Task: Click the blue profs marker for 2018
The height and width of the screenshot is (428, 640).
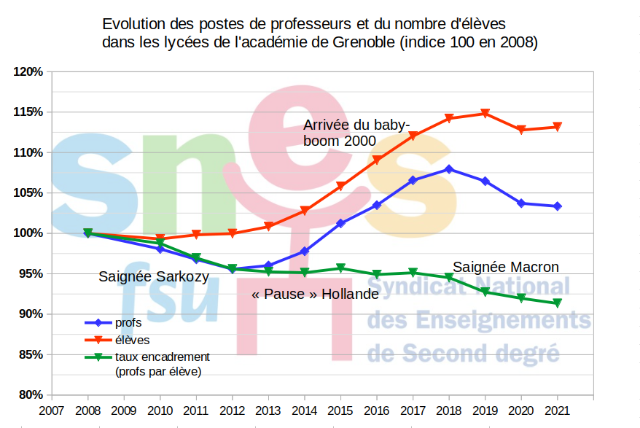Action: point(449,169)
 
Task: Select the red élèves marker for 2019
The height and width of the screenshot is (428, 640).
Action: point(485,114)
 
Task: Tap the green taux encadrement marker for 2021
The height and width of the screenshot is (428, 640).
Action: point(557,303)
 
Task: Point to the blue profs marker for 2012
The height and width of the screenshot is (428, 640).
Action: point(233,269)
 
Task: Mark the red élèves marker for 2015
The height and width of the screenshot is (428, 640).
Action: point(340,187)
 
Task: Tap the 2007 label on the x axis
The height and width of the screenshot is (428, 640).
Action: point(52,410)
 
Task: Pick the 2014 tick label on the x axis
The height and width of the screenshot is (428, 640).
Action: point(304,410)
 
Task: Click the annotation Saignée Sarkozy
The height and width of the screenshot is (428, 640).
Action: point(154,277)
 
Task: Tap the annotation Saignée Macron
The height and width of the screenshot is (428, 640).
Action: point(506,267)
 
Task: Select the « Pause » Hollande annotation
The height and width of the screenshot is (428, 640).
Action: point(315,295)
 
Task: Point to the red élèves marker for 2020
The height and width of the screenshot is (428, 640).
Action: point(521,130)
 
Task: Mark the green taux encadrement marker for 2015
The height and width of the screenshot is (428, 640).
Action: point(340,268)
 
